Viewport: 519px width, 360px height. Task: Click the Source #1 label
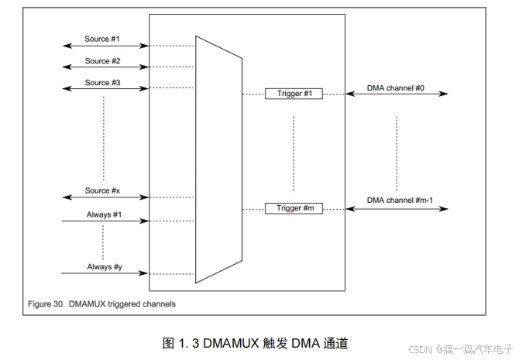click(103, 39)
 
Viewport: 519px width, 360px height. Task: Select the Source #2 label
click(103, 61)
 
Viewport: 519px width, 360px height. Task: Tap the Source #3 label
click(103, 83)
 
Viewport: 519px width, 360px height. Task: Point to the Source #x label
click(103, 190)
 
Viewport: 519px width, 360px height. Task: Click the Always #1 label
click(105, 214)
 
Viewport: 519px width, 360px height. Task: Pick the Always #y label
click(105, 267)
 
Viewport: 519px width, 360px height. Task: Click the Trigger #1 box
click(294, 94)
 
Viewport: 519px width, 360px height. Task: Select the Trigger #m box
click(294, 208)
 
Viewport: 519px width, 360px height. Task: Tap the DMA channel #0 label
click(395, 87)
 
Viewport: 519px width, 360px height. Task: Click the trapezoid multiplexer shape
click(219, 159)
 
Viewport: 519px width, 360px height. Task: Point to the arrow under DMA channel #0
click(397, 94)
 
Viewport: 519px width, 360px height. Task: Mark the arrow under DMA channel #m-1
click(397, 209)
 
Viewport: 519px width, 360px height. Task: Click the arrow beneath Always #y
click(105, 274)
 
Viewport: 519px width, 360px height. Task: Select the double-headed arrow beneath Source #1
click(105, 46)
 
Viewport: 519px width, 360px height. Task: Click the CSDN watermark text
click(418, 348)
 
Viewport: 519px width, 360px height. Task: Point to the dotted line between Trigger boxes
click(294, 151)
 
